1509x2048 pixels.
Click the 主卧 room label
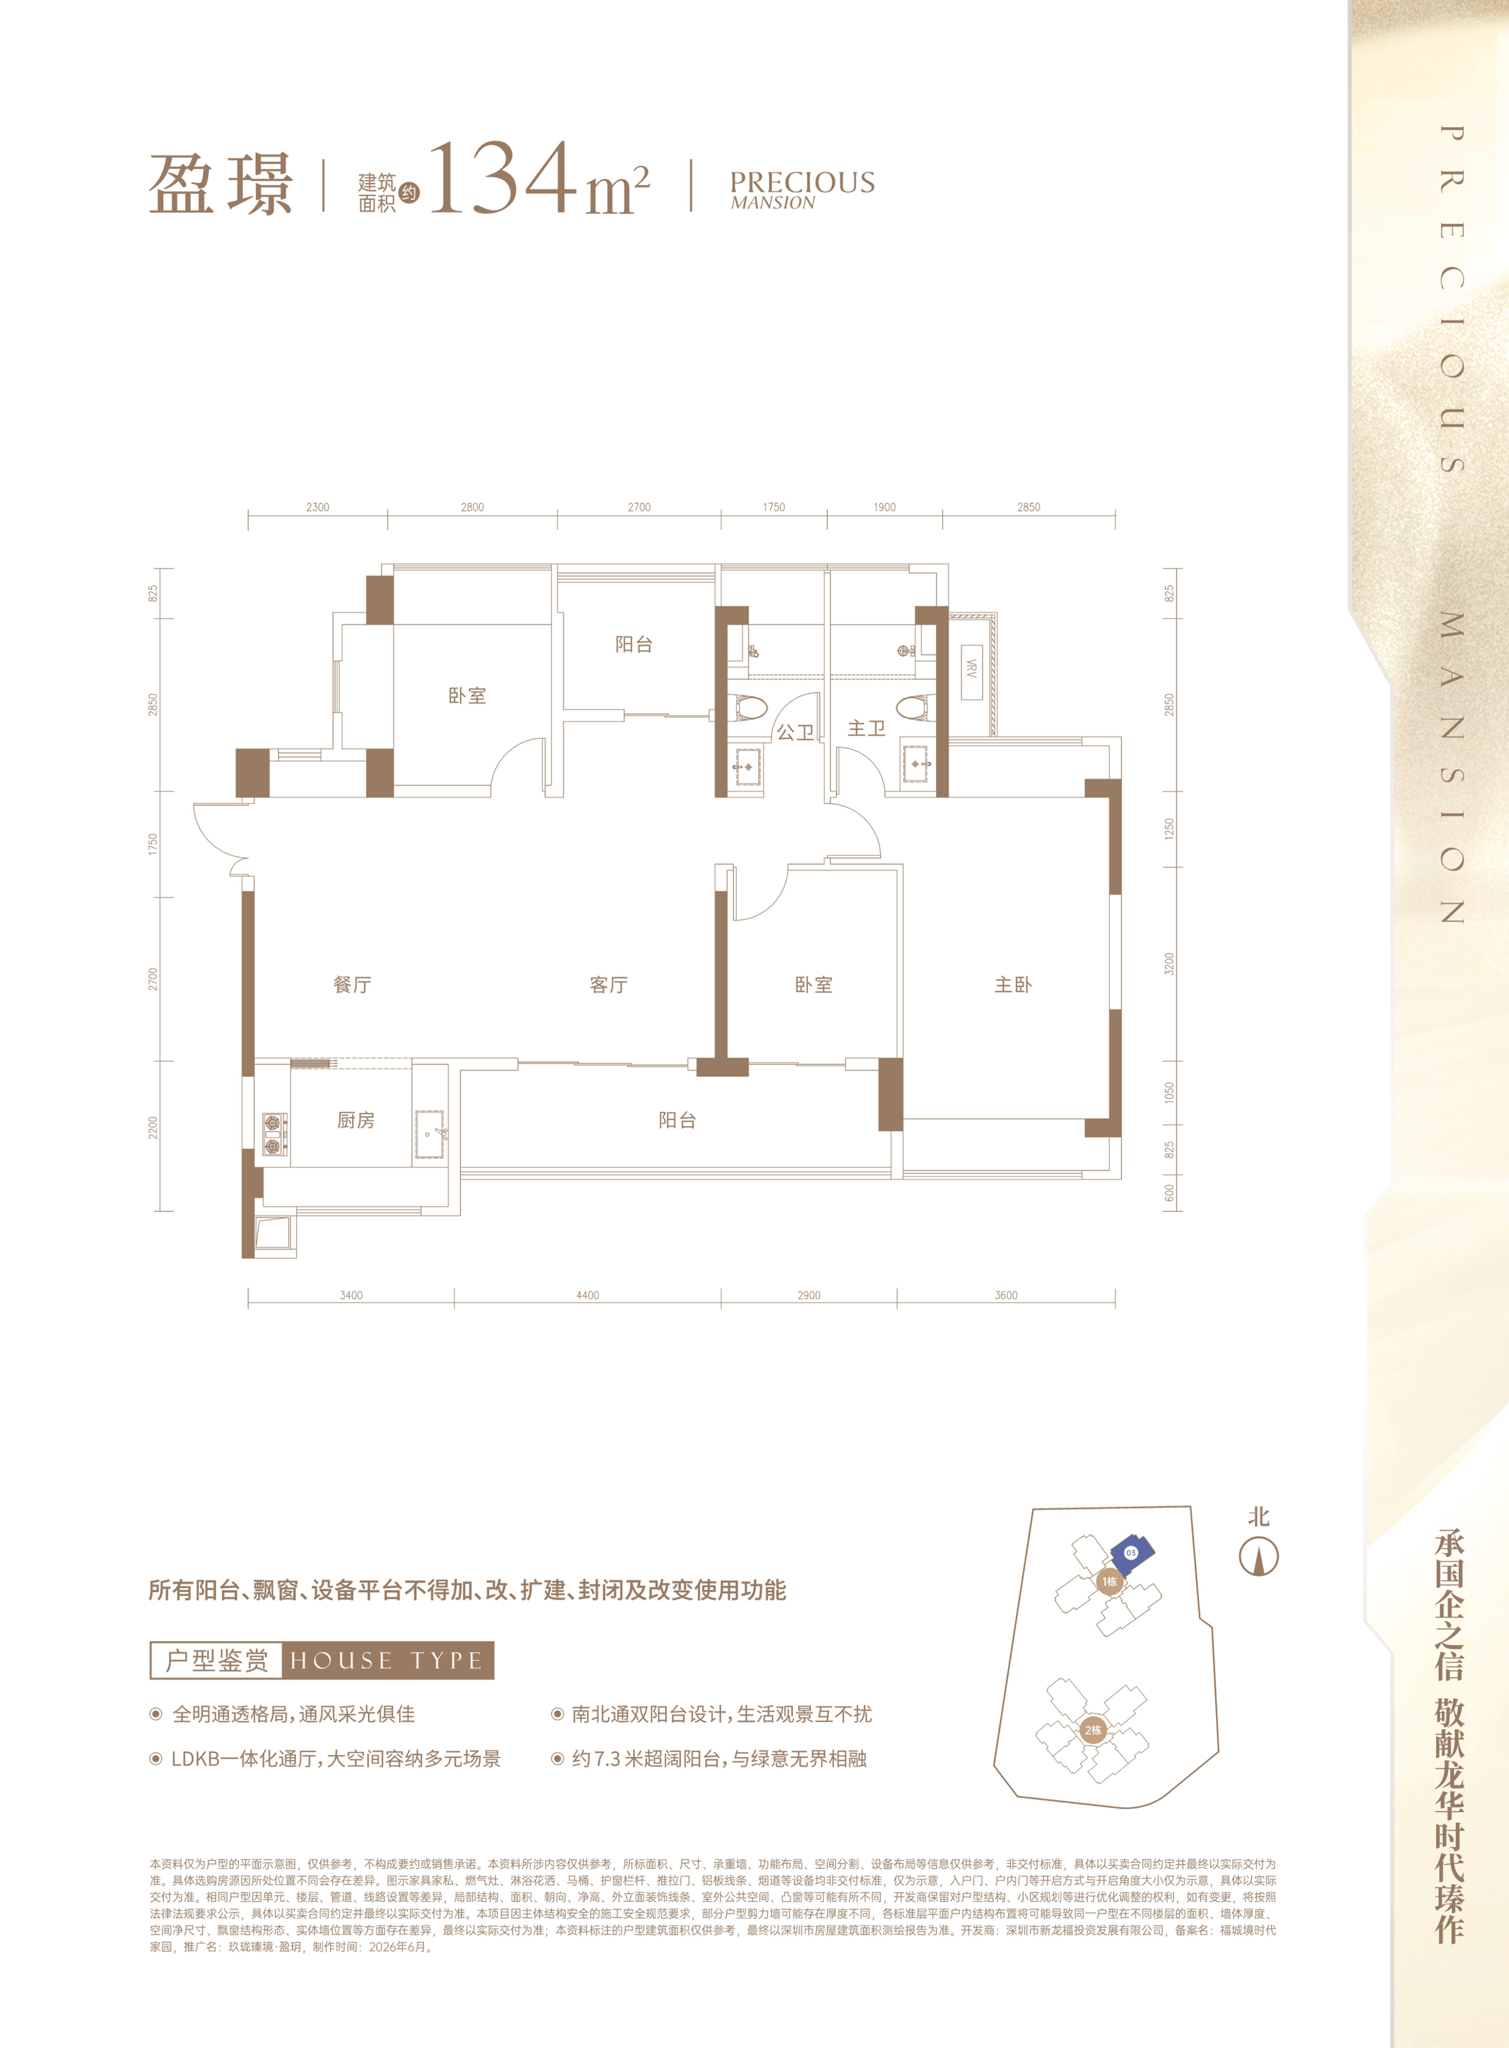tap(1013, 984)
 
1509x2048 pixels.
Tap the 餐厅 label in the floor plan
tap(353, 984)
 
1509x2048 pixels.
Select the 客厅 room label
tap(608, 984)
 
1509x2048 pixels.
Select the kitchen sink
tap(430, 1134)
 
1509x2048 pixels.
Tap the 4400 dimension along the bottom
tap(588, 1295)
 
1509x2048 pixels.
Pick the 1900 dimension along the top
tap(884, 507)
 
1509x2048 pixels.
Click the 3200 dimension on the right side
tap(1169, 964)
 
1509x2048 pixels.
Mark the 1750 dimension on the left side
tap(153, 844)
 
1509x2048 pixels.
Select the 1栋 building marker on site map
tap(1109, 1581)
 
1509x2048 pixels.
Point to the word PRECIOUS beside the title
tap(802, 182)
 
